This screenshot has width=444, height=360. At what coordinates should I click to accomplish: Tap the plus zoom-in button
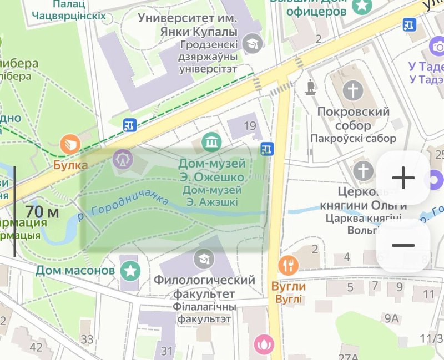point(403,178)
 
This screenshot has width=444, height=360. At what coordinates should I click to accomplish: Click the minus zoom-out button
point(403,245)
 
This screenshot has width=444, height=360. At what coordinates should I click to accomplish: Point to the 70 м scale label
point(42,211)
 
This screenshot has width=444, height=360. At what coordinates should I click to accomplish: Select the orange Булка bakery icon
point(70,145)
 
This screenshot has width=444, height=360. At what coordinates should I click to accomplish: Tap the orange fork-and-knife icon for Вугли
point(289,266)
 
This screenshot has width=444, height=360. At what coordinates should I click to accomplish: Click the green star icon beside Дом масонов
point(131,271)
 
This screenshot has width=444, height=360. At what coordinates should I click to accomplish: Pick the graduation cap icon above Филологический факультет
point(204,258)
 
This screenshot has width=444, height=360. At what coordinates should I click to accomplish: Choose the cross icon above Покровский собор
point(352,90)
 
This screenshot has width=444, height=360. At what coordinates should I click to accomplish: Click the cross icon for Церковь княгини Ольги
point(364,170)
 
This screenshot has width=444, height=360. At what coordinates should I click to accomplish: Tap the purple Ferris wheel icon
point(122,160)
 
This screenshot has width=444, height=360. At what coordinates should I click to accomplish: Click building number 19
point(250,126)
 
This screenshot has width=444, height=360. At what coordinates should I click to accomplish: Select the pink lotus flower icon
point(264,344)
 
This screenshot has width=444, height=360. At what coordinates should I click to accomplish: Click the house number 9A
point(392,318)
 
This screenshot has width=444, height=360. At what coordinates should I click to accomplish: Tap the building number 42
point(36,347)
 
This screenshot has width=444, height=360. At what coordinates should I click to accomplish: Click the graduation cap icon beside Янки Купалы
point(254,42)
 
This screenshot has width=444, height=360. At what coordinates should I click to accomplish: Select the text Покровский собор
point(353,119)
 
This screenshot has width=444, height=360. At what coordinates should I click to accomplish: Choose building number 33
point(87,339)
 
